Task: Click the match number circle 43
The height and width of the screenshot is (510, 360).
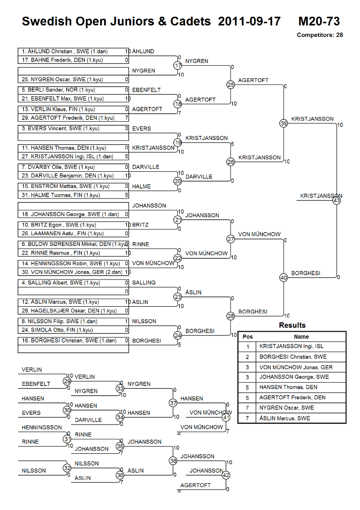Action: click(x=337, y=201)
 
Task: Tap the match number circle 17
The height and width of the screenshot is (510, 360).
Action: click(x=178, y=65)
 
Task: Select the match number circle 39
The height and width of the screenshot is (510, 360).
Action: click(x=284, y=123)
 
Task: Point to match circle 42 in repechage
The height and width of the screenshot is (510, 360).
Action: click(x=226, y=475)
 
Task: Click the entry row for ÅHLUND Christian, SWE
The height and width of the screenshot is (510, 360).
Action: click(x=73, y=51)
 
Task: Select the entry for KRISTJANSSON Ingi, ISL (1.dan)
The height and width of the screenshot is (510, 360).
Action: click(x=73, y=156)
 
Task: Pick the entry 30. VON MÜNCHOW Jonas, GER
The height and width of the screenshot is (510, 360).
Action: click(x=73, y=272)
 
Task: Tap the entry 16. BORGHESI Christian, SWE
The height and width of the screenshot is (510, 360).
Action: click(x=73, y=341)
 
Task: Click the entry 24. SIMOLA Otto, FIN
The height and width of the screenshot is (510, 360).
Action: click(x=73, y=330)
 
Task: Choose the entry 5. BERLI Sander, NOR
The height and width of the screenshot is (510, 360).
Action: click(x=73, y=90)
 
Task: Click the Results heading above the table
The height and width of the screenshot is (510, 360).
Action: click(x=292, y=325)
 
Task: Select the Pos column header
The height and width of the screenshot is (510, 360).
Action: click(x=247, y=336)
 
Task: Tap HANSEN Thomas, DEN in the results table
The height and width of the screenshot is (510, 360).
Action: click(x=288, y=387)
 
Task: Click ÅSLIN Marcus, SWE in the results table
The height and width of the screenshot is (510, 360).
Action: click(x=285, y=418)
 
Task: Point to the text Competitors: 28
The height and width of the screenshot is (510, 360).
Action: click(x=319, y=35)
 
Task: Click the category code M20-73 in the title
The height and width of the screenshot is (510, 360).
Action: click(x=319, y=21)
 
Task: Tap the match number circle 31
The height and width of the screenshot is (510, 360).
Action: click(x=67, y=439)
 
